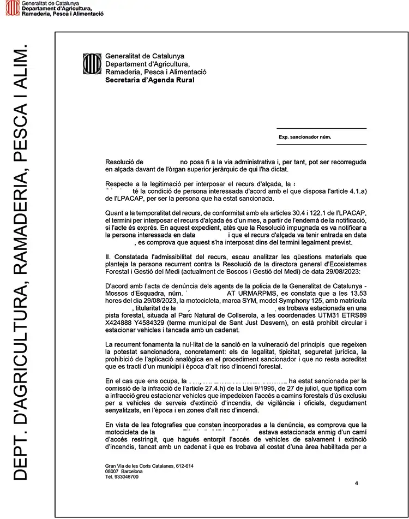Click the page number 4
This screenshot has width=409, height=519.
coord(356,483)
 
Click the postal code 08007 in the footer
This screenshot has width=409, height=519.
coord(112,471)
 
